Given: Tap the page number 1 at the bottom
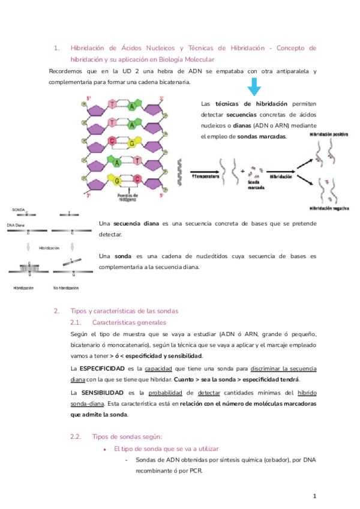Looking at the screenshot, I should pyautogui.click(x=314, y=496).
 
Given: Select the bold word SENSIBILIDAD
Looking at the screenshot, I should pyautogui.click(x=96, y=393).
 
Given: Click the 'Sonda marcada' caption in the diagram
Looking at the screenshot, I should pyautogui.click(x=256, y=184).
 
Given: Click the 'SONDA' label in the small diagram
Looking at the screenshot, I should pyautogui.click(x=19, y=210).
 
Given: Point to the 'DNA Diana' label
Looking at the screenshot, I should pyautogui.click(x=17, y=224).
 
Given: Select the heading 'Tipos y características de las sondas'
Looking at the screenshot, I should pyautogui.click(x=124, y=311).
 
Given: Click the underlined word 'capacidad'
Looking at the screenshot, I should pyautogui.click(x=157, y=368).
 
